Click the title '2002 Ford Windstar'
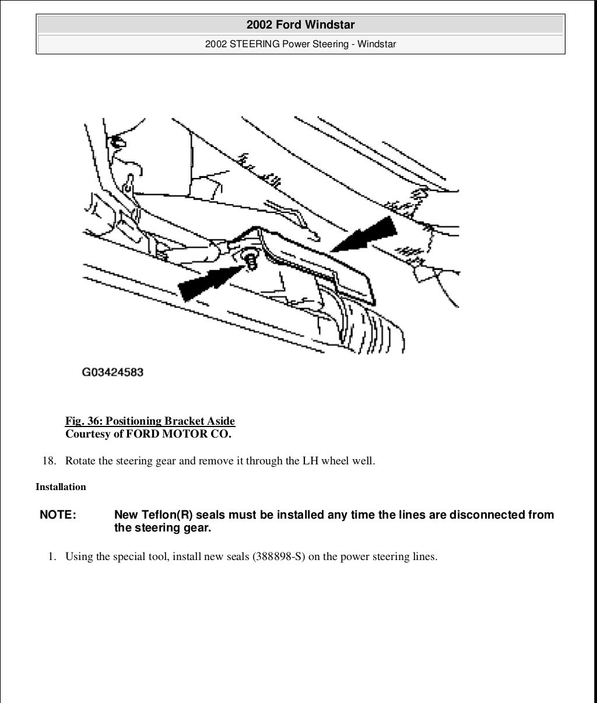[x=300, y=25]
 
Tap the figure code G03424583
[x=113, y=372]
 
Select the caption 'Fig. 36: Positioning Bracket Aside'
[x=150, y=421]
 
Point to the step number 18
[x=49, y=461]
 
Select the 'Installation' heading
[x=61, y=487]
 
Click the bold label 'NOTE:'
[x=58, y=515]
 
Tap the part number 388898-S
[x=279, y=557]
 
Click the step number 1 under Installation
[x=52, y=557]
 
